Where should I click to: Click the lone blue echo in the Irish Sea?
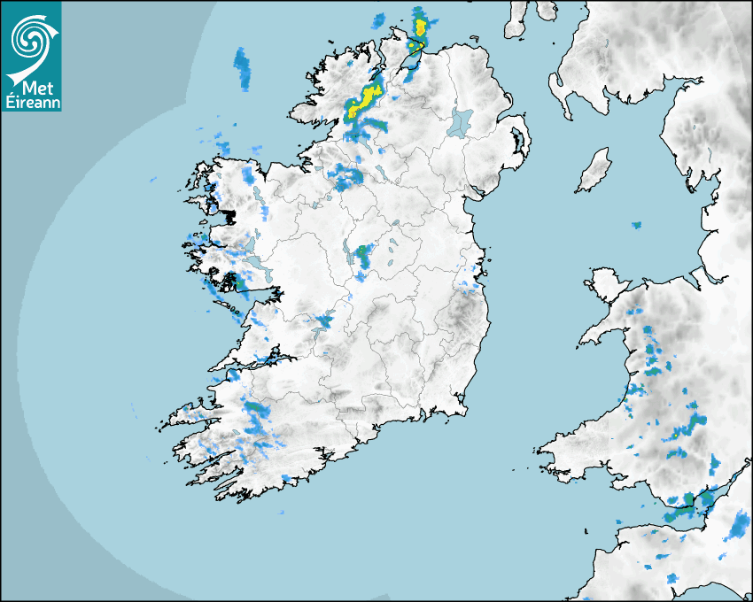click(x=636, y=225)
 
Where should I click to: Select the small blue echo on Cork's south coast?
click(x=286, y=478)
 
